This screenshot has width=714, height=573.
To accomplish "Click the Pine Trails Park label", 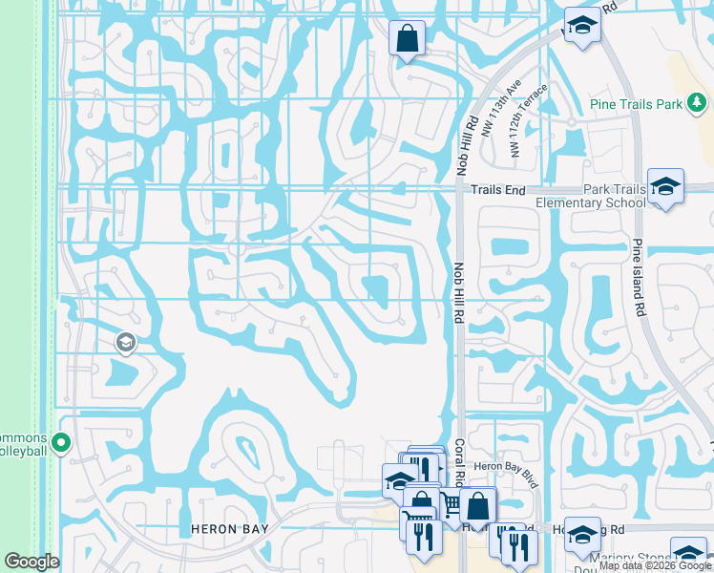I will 634,103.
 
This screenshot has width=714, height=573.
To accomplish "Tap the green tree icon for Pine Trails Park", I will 698,102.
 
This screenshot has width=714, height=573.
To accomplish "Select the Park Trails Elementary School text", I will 590,197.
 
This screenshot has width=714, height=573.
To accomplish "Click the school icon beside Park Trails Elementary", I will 665,186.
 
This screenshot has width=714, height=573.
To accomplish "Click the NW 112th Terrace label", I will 529,120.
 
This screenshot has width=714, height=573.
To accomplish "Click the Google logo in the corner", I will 31,562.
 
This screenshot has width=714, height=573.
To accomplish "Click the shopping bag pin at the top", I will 407,40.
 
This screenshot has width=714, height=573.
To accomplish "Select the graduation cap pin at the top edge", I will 580,26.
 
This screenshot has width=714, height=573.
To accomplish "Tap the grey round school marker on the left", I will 125,342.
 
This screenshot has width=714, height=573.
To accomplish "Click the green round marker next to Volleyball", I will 62,442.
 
